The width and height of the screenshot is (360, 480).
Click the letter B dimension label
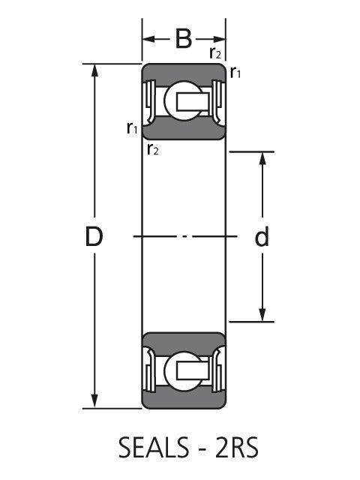coord(183,39)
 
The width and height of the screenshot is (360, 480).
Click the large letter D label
coord(94,237)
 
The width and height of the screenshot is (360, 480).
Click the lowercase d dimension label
coord(262,236)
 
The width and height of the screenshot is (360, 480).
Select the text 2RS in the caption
coord(237,448)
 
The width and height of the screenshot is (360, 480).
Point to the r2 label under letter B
coord(215,52)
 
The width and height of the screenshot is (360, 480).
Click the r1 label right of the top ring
coord(235,73)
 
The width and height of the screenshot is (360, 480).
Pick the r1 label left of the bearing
coord(132,128)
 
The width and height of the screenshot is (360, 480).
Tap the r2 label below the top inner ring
coord(153,149)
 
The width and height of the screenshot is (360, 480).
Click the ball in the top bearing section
coord(183,101)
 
